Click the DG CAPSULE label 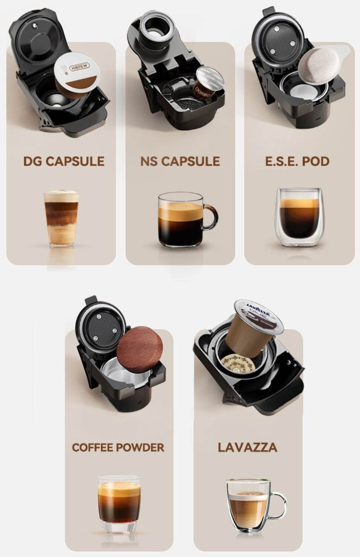pos(64,161)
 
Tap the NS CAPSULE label pos(180,161)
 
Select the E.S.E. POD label pos(297,161)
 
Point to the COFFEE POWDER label pos(118,447)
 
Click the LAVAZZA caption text pos(248,447)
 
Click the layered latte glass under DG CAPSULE pos(61,219)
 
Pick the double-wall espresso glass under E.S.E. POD pos(299,217)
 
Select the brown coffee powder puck pos(140,349)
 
